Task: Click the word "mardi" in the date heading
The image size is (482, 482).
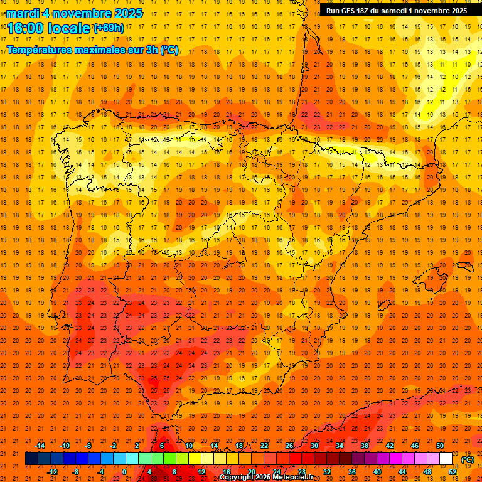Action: click(x=24, y=13)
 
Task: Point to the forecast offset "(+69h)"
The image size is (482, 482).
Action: click(x=109, y=28)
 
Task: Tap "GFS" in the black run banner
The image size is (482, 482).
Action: click(x=352, y=11)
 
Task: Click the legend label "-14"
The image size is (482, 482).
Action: click(x=40, y=446)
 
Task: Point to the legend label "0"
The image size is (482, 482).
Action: click(x=124, y=472)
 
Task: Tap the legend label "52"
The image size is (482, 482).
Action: click(x=453, y=472)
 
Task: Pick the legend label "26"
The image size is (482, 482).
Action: click(x=289, y=446)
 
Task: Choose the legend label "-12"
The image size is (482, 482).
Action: click(x=52, y=472)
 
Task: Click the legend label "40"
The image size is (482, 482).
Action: click(x=377, y=472)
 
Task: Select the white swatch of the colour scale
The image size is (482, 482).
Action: click(x=446, y=459)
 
